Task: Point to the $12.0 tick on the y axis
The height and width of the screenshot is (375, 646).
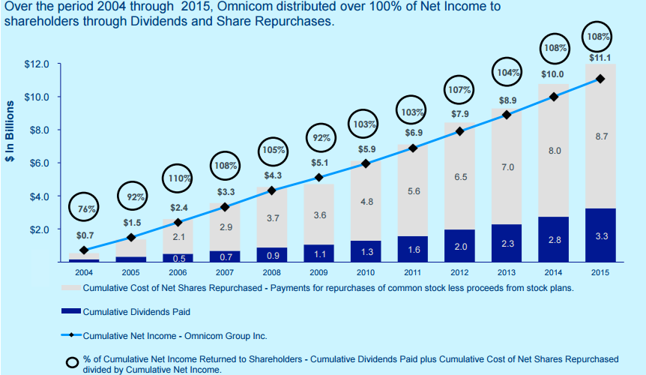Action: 37,64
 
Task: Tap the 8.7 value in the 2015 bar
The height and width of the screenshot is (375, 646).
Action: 600,136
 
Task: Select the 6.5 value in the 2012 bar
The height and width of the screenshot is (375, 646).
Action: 460,177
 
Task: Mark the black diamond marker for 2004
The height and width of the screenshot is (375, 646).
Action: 84,250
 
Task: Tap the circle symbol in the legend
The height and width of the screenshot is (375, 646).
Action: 72,362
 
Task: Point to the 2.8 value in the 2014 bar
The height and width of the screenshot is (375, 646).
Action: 554,239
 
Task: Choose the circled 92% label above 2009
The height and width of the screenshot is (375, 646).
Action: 321,138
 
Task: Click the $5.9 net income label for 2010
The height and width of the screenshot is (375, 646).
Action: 366,148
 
